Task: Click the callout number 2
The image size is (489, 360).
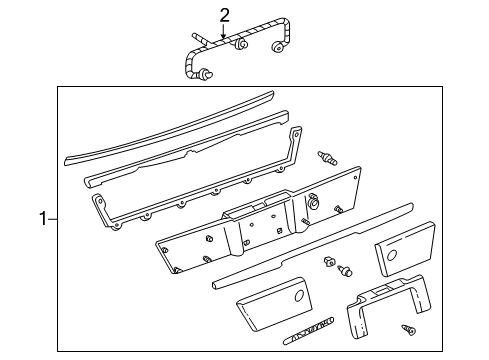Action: coord(225,16)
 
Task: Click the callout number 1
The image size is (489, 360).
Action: coord(43,219)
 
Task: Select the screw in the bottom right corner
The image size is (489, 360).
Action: coord(408,330)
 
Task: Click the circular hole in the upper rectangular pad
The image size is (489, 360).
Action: coord(392,255)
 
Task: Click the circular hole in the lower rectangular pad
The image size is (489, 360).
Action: coord(299,295)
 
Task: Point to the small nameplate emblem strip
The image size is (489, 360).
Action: coord(309,331)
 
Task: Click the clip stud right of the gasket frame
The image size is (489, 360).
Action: coord(327,158)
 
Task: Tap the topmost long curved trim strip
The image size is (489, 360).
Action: coord(170,128)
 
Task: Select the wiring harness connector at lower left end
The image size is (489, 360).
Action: coord(205,74)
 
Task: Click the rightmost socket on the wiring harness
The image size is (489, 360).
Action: coord(277,47)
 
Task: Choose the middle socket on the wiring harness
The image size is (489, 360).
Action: coord(240,45)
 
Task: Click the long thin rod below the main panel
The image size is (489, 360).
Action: coord(313,245)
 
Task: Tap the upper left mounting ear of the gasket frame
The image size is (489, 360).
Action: coord(98,201)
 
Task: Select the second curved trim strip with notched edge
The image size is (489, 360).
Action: coord(187,148)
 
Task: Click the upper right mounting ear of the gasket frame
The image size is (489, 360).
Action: coord(295,133)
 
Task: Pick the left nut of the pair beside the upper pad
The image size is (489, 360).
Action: coord(329,261)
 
